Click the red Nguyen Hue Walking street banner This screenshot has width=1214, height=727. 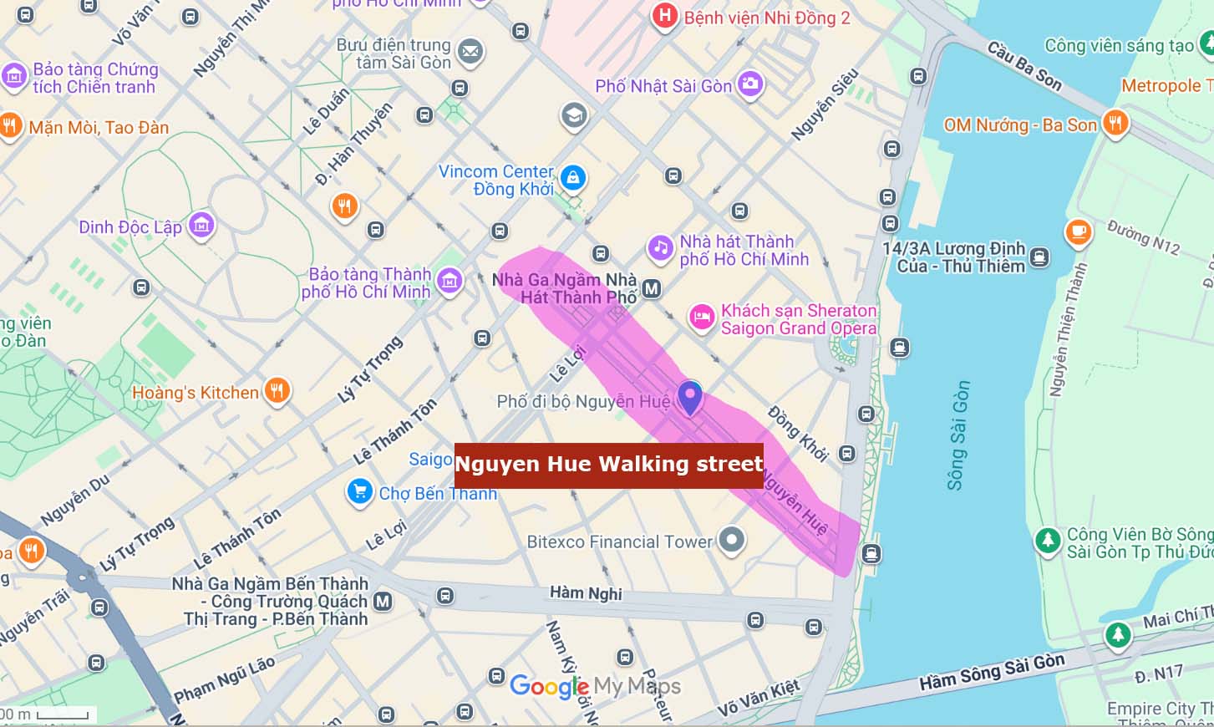point(608,465)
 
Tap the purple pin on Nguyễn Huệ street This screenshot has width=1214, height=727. point(689,396)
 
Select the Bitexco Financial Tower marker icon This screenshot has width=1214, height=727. point(732,540)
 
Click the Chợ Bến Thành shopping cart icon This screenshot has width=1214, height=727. point(359,492)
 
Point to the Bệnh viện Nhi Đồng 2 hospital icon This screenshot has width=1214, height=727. point(664,16)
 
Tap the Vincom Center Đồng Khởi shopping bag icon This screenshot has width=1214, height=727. point(572,177)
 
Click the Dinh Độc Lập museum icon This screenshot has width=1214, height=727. point(201,225)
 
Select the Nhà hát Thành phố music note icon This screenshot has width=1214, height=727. point(660,247)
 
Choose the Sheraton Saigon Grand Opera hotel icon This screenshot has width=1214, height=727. point(701,318)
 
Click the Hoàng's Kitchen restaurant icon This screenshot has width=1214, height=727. point(277,390)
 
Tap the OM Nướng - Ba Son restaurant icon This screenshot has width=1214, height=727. point(1115,124)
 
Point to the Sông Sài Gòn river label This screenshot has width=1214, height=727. point(958,435)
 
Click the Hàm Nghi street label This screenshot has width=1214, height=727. point(586,592)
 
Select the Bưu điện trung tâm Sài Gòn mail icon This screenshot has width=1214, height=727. point(470,52)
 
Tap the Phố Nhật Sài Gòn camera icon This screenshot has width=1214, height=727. point(750,84)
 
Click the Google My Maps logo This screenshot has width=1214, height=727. point(595,687)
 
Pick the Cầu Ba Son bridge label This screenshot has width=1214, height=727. point(1024,65)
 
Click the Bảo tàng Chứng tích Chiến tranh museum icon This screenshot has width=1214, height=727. point(14,76)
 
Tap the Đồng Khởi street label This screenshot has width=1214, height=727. point(798,434)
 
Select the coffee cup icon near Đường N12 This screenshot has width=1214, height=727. point(1078,231)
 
